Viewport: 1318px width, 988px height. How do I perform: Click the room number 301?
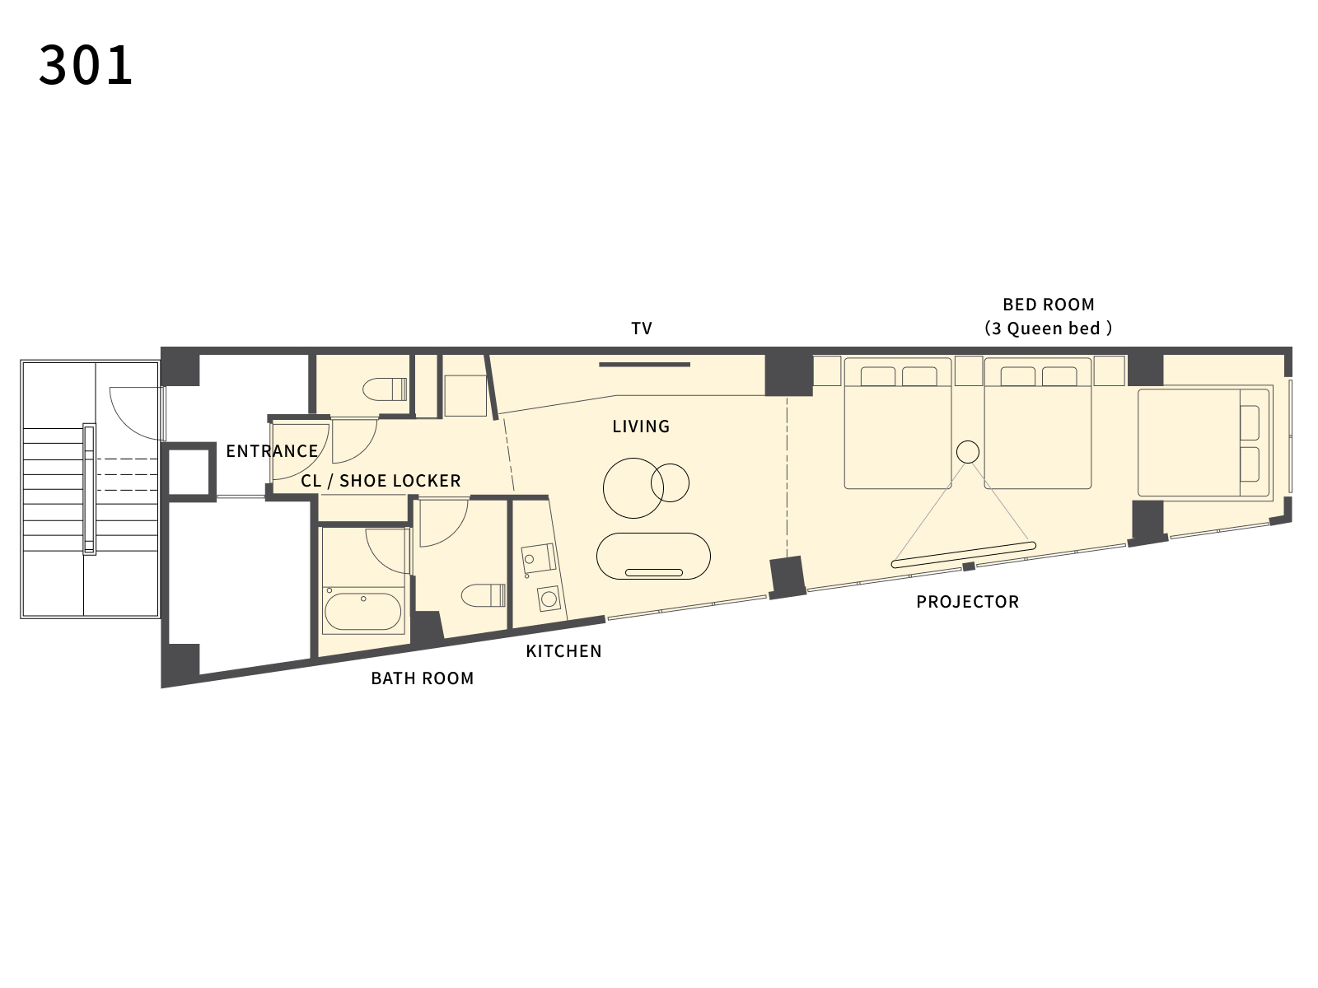coord(86,65)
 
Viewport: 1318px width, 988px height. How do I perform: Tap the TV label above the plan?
coord(641,329)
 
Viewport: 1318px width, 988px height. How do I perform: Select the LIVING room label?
coord(641,426)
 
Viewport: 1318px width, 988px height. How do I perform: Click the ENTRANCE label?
coord(271,451)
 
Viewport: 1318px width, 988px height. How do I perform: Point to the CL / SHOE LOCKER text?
coord(381,481)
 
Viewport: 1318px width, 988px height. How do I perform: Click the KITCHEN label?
coord(563,651)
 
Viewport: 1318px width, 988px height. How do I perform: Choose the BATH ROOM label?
coord(422,678)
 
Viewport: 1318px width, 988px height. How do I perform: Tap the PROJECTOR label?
coord(967,602)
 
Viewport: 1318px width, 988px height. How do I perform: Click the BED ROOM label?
coord(1049,305)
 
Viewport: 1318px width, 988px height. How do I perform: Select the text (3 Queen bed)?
coord(1049,329)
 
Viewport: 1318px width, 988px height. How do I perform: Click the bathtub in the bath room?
coord(362,611)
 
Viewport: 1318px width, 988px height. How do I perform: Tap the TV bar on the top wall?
coord(644,364)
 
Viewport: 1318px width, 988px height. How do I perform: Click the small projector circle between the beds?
coord(967,452)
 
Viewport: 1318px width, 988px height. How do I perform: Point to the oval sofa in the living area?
coord(653,556)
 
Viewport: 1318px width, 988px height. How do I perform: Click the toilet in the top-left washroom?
coord(385,389)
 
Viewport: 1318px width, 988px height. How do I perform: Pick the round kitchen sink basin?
coord(549,599)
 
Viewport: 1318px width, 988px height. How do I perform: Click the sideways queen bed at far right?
coord(1204,443)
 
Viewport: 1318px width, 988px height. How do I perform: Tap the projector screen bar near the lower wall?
coord(963,555)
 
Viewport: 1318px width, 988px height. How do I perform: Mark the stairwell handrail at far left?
coord(89,490)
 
